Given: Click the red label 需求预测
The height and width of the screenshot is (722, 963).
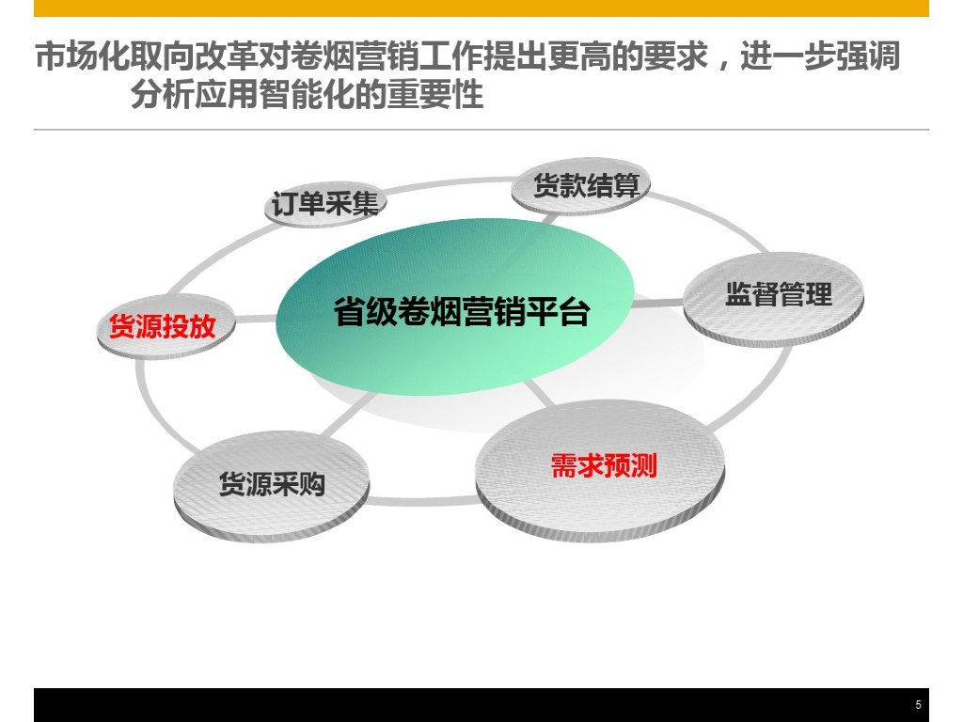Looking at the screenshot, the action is [603, 465].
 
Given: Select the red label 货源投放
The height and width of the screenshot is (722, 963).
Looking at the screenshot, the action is [163, 326].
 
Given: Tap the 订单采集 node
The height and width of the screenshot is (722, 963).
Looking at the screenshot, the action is [324, 204].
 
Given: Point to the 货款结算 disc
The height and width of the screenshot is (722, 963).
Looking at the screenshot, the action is [586, 185].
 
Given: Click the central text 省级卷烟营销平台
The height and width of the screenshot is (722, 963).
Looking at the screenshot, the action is [461, 311].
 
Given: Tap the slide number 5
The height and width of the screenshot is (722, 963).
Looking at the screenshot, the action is [918, 705].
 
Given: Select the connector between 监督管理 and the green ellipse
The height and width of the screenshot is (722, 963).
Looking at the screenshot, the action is [657, 303].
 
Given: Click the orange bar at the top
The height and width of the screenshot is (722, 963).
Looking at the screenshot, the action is [481, 8].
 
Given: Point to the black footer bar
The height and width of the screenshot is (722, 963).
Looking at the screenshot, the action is [470, 705].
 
